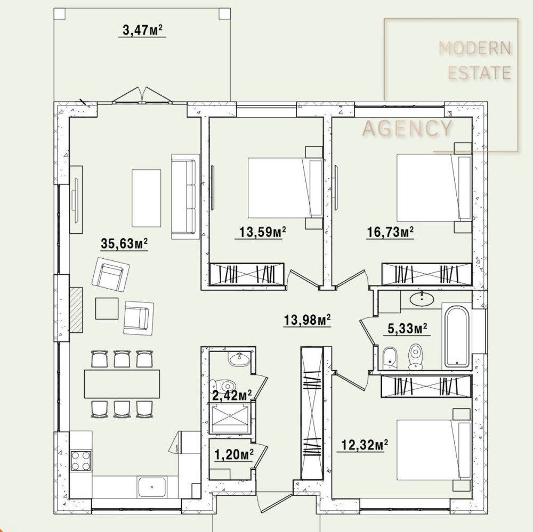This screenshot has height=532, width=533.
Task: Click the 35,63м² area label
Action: tap(124, 243)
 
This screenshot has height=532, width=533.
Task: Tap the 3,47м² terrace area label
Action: tap(142, 30)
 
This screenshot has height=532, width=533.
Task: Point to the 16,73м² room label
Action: tap(390, 232)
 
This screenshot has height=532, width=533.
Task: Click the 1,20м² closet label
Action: tap(234, 454)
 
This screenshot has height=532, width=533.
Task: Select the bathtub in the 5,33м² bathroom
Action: tap(457, 337)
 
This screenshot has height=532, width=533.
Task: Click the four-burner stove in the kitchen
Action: tap(81, 461)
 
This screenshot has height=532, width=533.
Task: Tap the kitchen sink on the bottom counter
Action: tap(152, 487)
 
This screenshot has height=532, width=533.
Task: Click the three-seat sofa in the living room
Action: tap(185, 197)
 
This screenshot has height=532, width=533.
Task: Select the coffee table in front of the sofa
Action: tap(146, 198)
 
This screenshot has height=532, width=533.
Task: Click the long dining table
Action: tap(122, 384)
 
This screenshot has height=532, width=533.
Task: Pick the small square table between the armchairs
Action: tap(107, 308)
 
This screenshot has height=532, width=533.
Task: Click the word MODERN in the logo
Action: tap(475, 48)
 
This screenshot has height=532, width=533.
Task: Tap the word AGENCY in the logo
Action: tap(408, 128)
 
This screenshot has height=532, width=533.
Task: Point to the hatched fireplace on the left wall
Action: tap(76, 309)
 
